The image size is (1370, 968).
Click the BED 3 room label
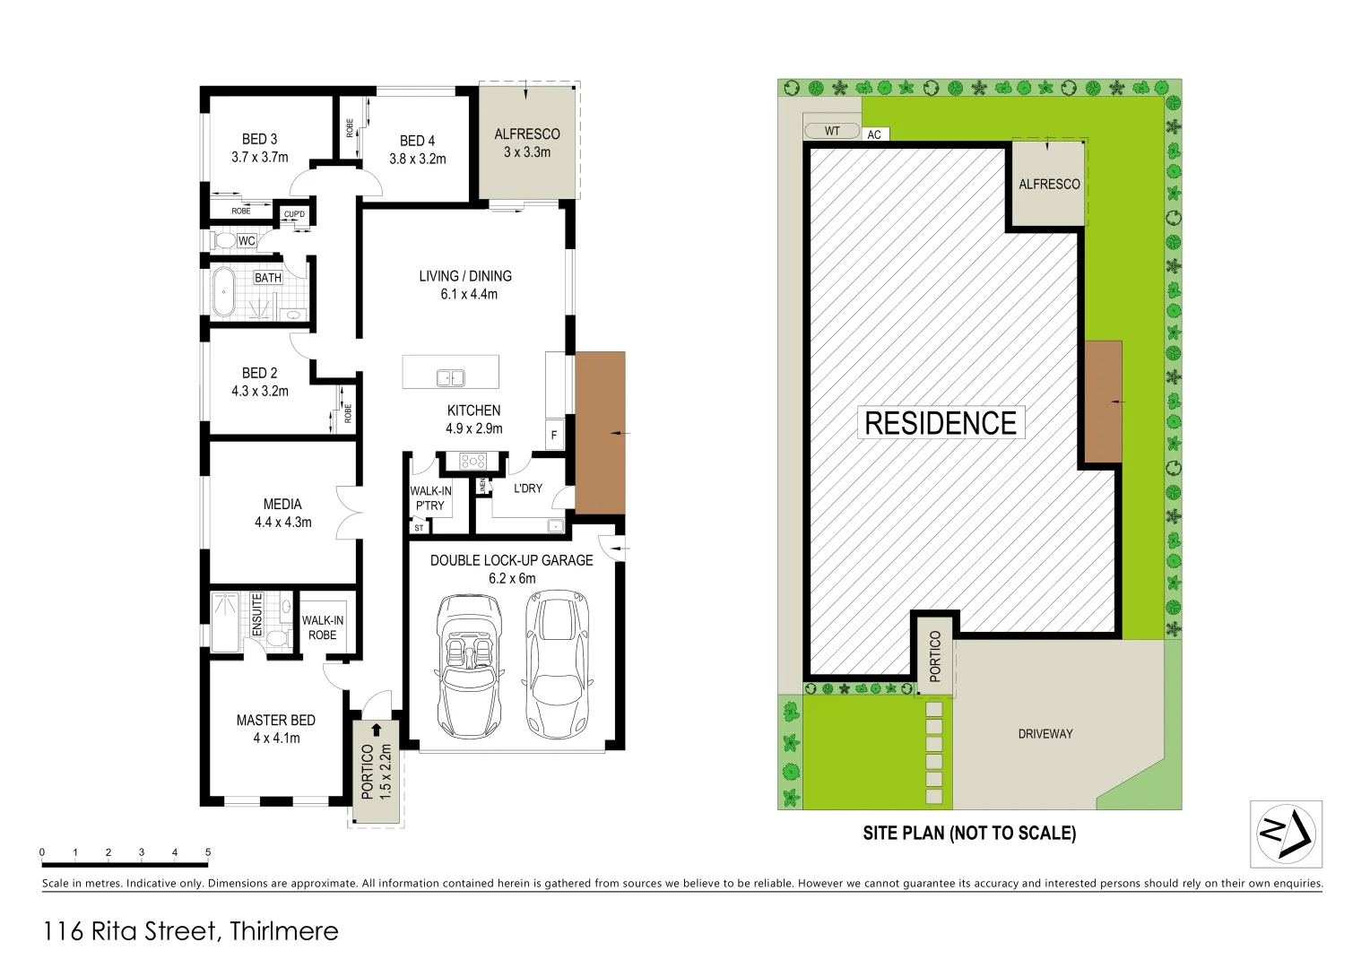259,140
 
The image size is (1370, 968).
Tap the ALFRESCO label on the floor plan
527,134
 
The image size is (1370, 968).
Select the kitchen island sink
450,377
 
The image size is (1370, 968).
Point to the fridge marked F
554,436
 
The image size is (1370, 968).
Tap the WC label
247,241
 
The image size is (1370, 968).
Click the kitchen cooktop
473,462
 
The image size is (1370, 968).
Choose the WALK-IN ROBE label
323,627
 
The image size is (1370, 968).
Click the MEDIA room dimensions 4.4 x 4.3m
282,523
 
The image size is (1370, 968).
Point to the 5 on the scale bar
208,852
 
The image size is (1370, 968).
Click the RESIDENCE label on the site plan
941,423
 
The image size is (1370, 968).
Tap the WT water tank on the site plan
832,131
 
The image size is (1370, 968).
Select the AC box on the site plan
874,134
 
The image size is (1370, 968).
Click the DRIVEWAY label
1045,734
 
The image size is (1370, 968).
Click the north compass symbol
1286,834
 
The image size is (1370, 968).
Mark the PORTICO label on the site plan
935,656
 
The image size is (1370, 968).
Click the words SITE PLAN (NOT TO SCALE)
968,834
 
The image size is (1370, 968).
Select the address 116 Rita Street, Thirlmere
190,931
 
